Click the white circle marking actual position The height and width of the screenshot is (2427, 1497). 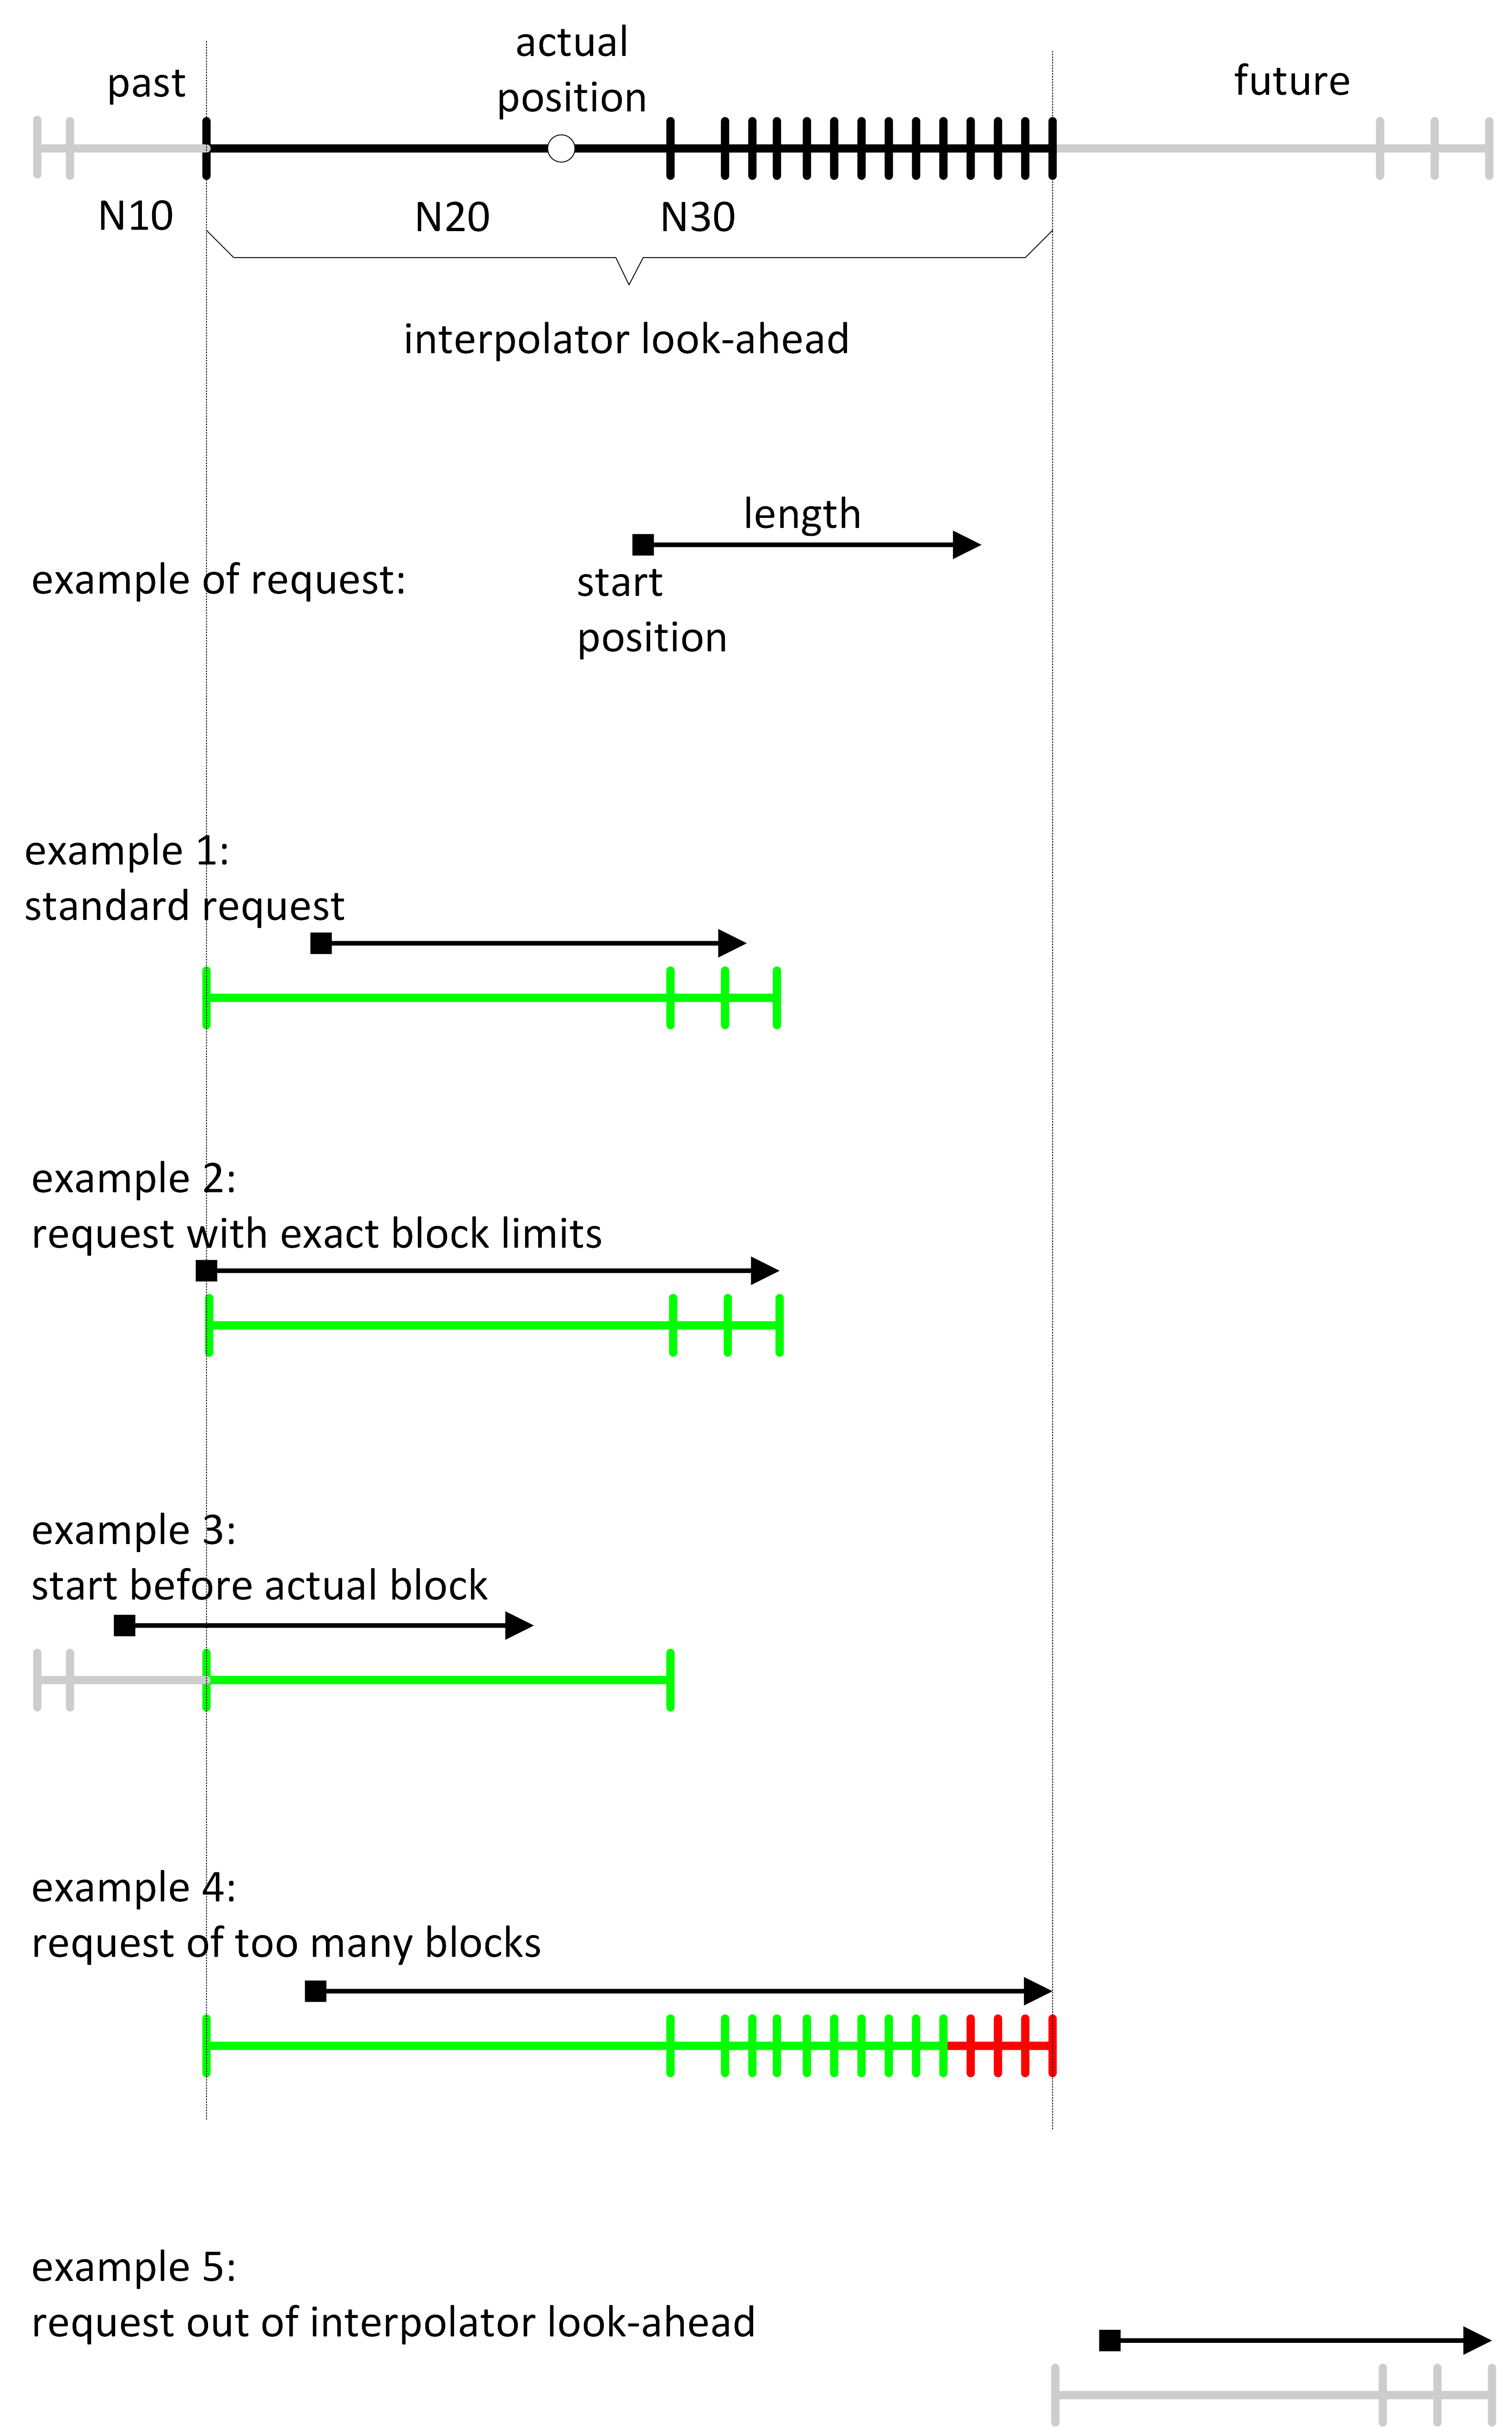pyautogui.click(x=561, y=148)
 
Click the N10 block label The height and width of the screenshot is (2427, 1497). pyautogui.click(x=135, y=216)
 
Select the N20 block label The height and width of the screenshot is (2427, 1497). pyautogui.click(x=453, y=217)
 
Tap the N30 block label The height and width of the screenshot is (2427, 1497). pyautogui.click(x=698, y=217)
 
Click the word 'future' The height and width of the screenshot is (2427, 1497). pyautogui.click(x=1291, y=81)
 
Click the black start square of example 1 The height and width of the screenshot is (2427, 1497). pyautogui.click(x=321, y=943)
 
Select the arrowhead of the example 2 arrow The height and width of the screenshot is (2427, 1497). pyautogui.click(x=765, y=1271)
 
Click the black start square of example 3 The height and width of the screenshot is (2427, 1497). pyautogui.click(x=125, y=1625)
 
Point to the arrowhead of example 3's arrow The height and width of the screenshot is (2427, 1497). pyautogui.click(x=520, y=1625)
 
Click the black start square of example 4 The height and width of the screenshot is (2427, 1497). pyautogui.click(x=316, y=1991)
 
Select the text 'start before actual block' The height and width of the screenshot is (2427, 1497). pyautogui.click(x=259, y=1586)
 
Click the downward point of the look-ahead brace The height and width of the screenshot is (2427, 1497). pyautogui.click(x=629, y=282)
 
